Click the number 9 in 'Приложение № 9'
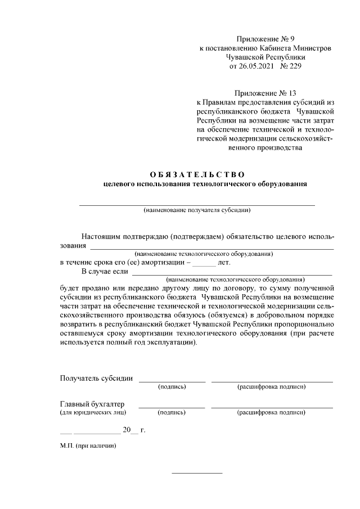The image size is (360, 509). pos(292,39)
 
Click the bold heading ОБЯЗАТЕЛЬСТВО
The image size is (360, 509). pos(197,173)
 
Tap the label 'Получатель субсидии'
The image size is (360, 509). pos(96,378)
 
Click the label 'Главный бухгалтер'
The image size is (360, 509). pos(92,404)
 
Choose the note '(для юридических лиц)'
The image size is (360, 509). pos(93,412)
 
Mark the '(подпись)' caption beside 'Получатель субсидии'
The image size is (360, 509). pos(172,387)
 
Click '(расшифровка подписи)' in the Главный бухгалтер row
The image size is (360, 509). pos(272,412)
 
